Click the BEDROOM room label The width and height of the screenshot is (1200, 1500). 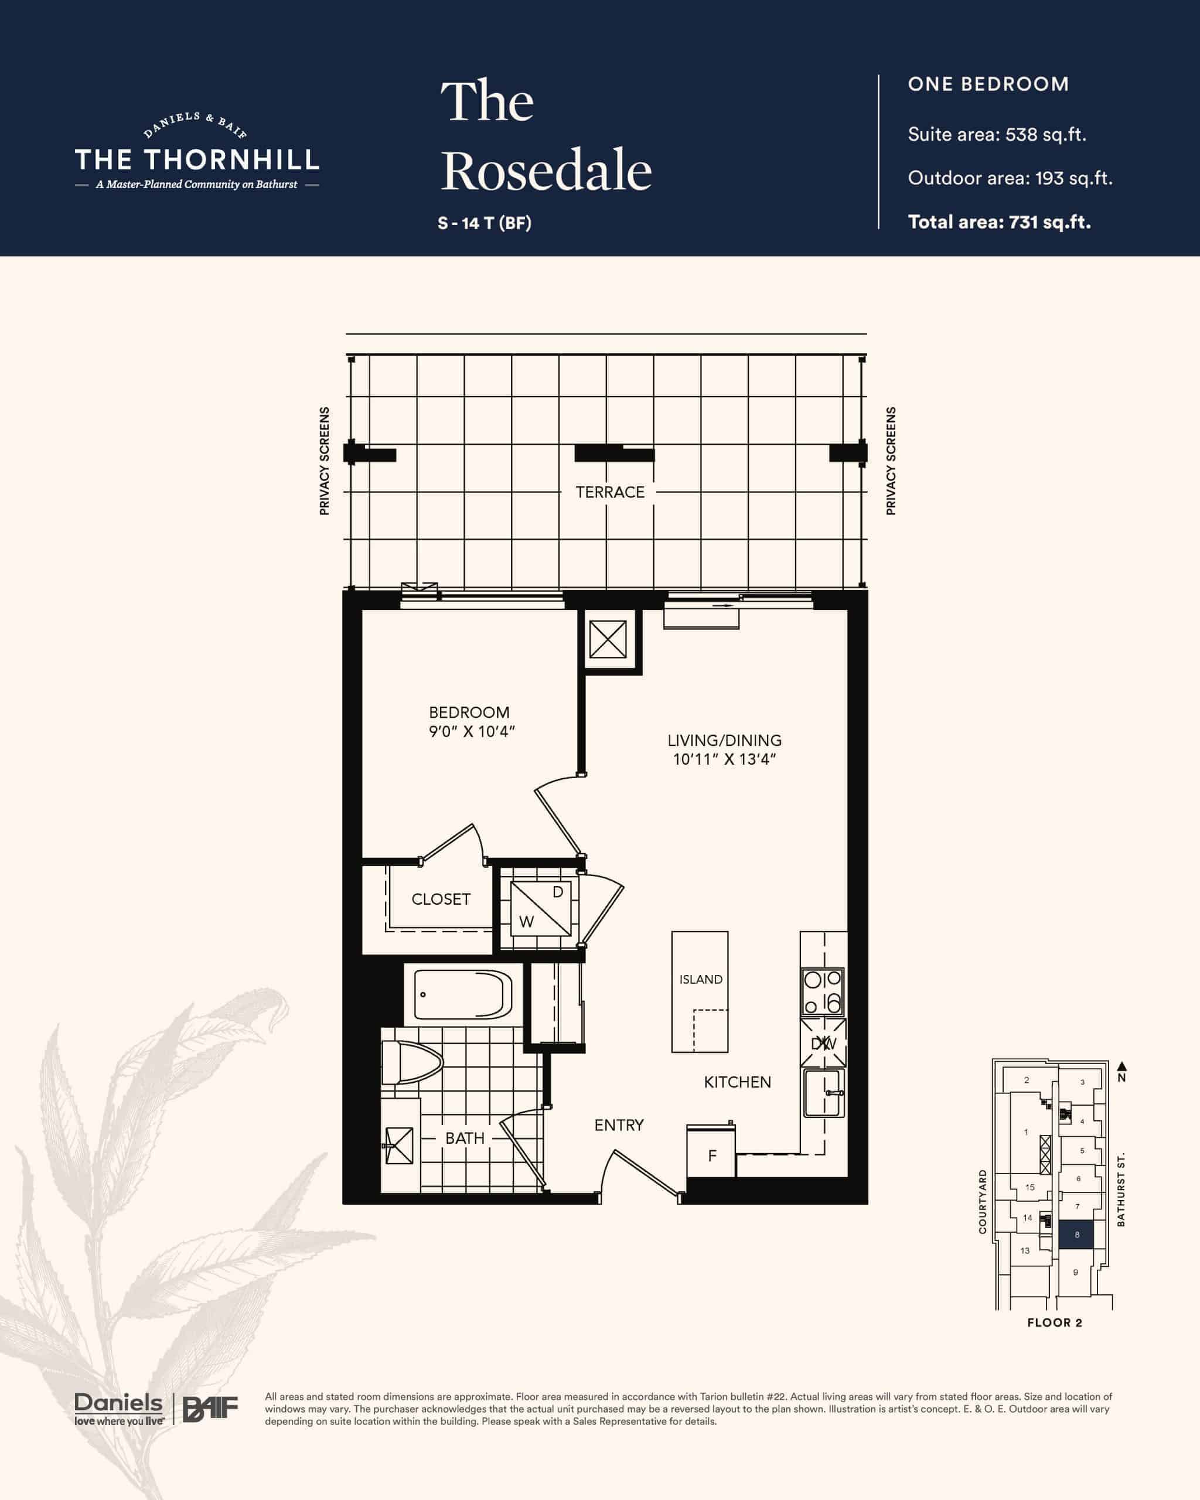click(x=469, y=712)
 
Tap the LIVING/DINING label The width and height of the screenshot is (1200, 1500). click(x=724, y=740)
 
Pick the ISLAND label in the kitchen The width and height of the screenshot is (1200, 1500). click(x=701, y=979)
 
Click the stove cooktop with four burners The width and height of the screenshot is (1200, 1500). click(x=823, y=992)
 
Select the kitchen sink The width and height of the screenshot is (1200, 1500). click(x=824, y=1093)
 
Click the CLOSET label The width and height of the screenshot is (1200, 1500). click(x=441, y=899)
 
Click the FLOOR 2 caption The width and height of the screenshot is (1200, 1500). click(x=1055, y=1322)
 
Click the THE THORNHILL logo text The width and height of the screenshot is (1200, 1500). click(x=197, y=160)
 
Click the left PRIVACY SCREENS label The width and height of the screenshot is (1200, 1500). click(x=324, y=461)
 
